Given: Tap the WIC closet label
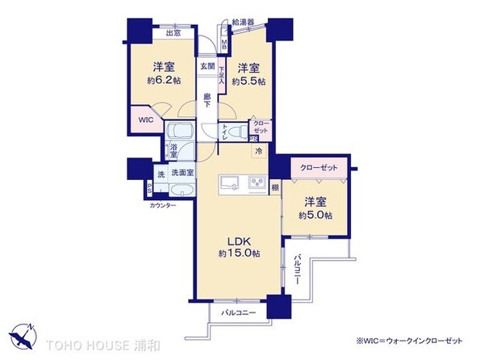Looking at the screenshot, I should (146, 119).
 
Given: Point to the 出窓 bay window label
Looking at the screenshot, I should (173, 33).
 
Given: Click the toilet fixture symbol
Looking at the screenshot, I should (234, 129).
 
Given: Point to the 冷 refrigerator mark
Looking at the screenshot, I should (258, 150).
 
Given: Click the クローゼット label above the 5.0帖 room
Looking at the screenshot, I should (313, 168).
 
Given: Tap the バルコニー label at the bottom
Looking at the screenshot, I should (239, 312).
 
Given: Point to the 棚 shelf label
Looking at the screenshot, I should (275, 187).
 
